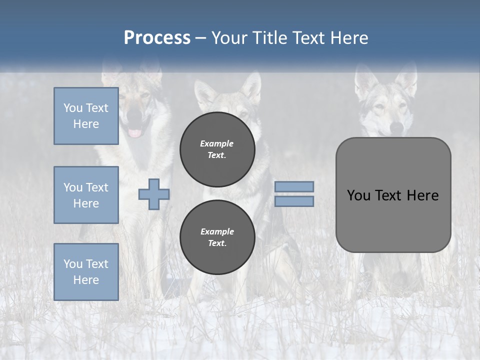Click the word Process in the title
pyautogui.click(x=157, y=38)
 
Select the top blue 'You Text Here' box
pyautogui.click(x=86, y=116)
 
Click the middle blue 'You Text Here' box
pyautogui.click(x=86, y=195)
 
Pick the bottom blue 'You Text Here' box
pyautogui.click(x=86, y=271)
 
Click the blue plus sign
pyautogui.click(x=154, y=194)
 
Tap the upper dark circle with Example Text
pyautogui.click(x=217, y=149)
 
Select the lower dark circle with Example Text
pyautogui.click(x=217, y=237)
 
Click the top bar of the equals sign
pyautogui.click(x=294, y=186)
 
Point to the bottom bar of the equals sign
pyautogui.click(x=294, y=201)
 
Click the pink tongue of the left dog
pyautogui.click(x=135, y=132)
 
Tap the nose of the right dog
pyautogui.click(x=396, y=128)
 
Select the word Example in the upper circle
pyautogui.click(x=217, y=143)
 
